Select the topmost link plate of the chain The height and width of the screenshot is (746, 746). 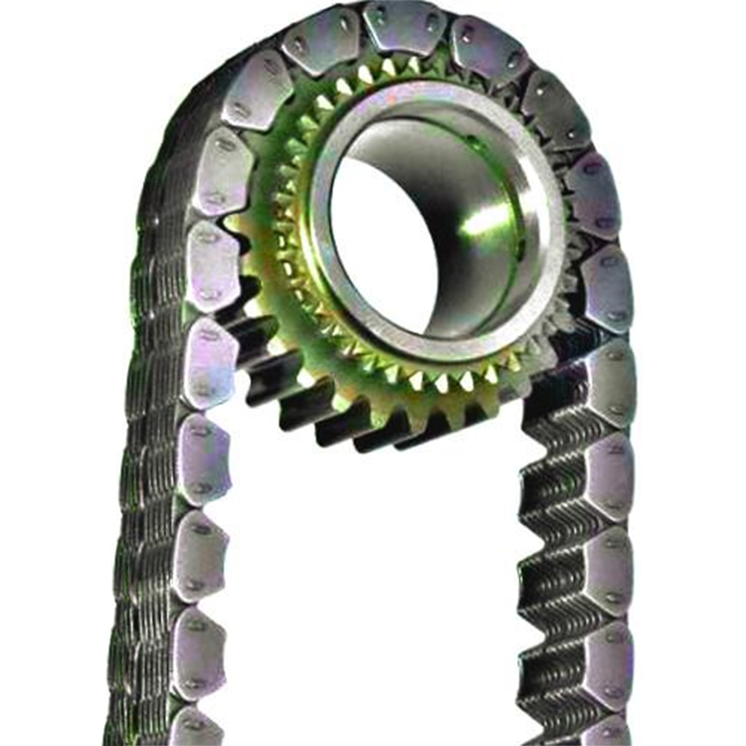(x=403, y=25)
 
